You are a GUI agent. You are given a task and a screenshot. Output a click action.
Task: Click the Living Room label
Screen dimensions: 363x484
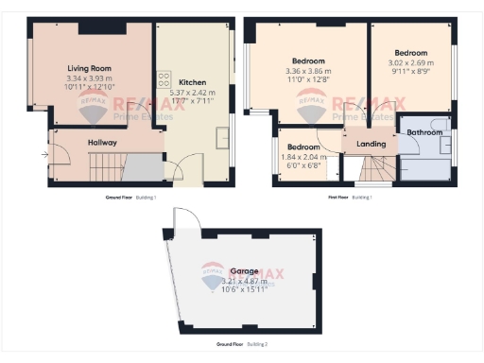tap(90, 68)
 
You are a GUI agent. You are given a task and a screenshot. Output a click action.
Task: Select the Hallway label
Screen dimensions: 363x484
tap(102, 143)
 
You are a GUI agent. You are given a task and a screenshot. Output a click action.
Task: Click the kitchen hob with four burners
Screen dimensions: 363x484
tap(164, 79)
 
